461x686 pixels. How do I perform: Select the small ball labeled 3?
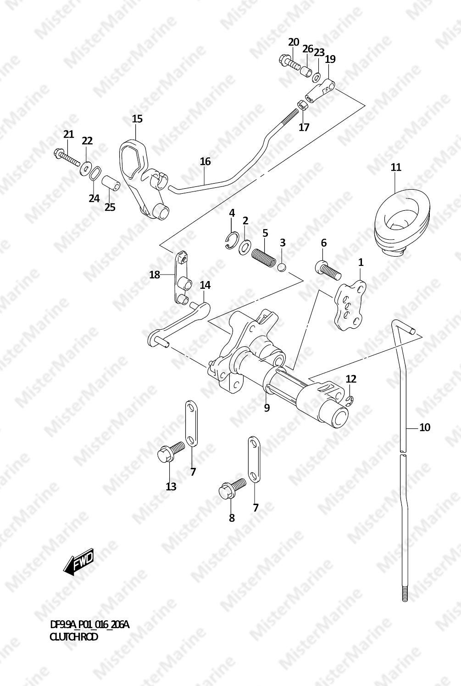[x=282, y=267]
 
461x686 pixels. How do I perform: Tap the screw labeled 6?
[x=327, y=269]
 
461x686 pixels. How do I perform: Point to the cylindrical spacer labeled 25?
[x=111, y=184]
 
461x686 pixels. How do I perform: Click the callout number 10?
[x=425, y=427]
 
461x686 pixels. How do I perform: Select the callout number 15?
[x=137, y=119]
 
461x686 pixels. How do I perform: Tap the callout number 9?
[x=267, y=407]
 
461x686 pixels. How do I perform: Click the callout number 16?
[x=205, y=161]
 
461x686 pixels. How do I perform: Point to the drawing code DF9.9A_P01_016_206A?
[x=89, y=625]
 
